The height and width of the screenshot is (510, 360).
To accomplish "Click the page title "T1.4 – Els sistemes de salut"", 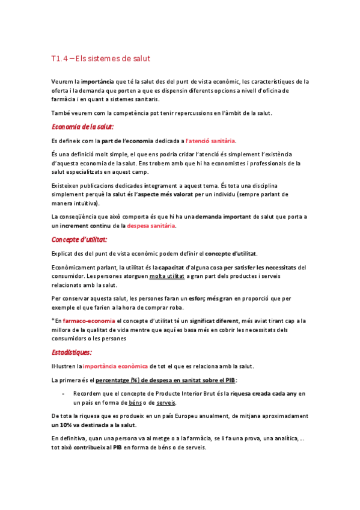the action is pos(100,59).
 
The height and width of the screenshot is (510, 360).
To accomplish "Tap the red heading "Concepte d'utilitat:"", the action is pos(79,240).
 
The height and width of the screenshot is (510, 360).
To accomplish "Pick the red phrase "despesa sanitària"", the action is pos(151,226).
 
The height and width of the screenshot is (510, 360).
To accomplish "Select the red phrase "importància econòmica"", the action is pos(115,366).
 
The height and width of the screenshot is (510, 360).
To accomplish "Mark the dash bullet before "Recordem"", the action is pos(64,393).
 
